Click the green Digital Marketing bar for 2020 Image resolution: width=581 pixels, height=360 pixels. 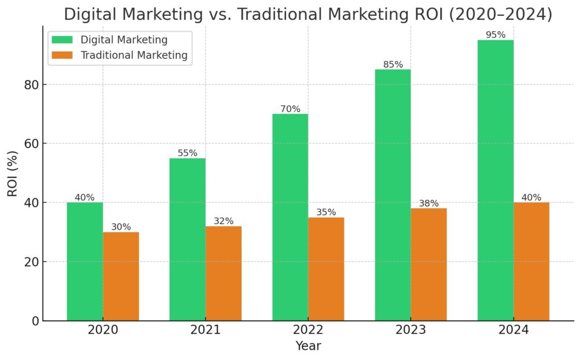[x=85, y=261]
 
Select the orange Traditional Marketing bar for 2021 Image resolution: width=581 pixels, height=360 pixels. [x=224, y=273]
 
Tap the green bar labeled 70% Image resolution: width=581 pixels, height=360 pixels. [x=290, y=217]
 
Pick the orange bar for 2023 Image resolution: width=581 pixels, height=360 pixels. [x=429, y=264]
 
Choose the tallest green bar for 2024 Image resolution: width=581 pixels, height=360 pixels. [x=495, y=180]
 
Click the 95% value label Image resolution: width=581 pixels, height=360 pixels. [x=495, y=35]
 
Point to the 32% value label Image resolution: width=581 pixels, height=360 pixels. [x=224, y=221]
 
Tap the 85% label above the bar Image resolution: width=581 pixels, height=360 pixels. [x=393, y=65]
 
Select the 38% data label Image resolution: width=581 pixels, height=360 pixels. [x=429, y=204]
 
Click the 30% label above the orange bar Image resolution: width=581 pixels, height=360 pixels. [x=121, y=227]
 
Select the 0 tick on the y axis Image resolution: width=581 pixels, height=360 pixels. [x=35, y=321]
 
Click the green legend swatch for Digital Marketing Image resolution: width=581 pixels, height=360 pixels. [x=62, y=40]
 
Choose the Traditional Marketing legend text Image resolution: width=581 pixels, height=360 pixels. [x=134, y=56]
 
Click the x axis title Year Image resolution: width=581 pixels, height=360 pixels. [x=308, y=346]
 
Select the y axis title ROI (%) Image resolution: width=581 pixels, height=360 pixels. [x=12, y=173]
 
